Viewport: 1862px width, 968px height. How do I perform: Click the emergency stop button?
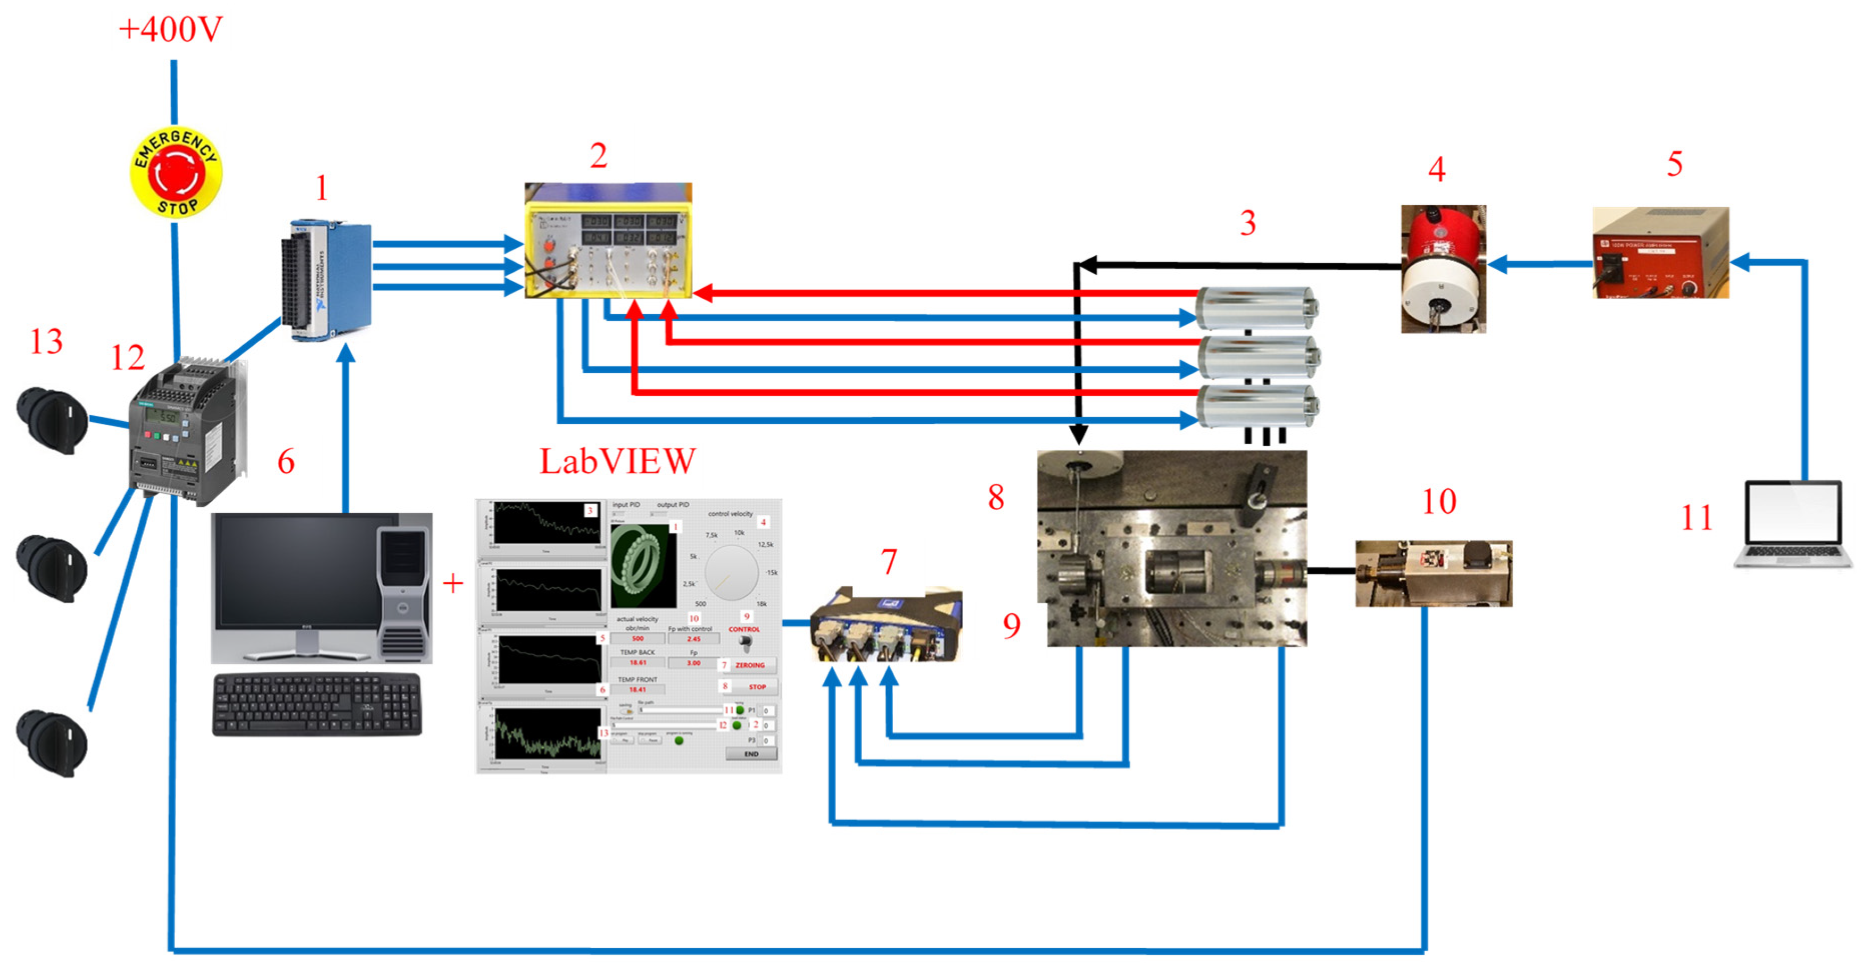(176, 173)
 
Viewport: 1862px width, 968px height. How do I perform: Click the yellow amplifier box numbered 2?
(608, 240)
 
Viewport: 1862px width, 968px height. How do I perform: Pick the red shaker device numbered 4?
(1443, 269)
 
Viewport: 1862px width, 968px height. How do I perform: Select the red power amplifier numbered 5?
(1660, 253)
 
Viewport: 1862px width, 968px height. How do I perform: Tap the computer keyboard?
(317, 704)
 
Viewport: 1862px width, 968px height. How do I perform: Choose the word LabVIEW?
(617, 462)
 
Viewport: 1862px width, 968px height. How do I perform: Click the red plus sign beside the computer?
(452, 583)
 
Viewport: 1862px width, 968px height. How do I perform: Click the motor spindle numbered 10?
(1433, 573)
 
